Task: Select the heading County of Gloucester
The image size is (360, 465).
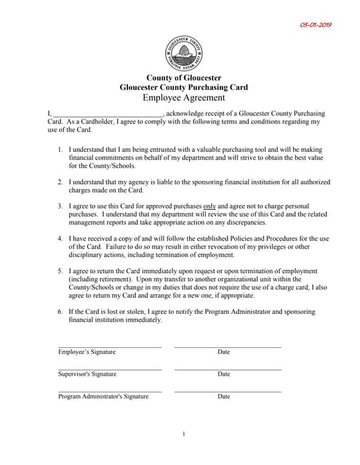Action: point(183,78)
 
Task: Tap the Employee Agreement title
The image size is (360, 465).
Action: point(183,97)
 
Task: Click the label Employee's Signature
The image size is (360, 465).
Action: point(87,352)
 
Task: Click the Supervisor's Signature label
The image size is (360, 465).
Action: point(87,374)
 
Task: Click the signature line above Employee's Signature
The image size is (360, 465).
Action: point(110,347)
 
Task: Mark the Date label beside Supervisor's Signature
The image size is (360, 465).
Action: point(223,374)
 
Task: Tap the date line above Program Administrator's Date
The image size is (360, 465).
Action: point(227,392)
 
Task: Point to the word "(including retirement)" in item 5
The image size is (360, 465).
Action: point(102,279)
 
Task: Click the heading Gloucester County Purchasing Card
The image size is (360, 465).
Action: point(183,87)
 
